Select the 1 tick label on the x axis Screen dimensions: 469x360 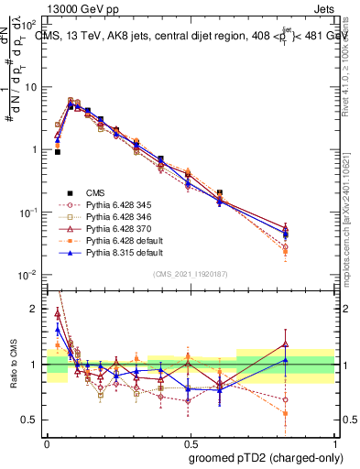tap(332, 441)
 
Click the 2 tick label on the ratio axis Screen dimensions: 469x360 tap(38, 309)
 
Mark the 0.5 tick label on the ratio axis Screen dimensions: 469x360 tap(34, 420)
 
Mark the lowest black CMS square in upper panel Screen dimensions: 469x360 tap(57, 152)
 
